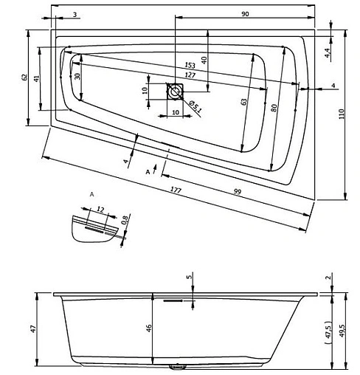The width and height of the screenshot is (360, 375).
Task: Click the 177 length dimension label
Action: (176, 190)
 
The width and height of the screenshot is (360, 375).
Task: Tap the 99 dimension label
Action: (238, 192)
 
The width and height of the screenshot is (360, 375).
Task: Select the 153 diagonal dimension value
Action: (190, 65)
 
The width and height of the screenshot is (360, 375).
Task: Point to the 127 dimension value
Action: (190, 75)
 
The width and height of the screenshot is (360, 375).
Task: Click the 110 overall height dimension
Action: (342, 114)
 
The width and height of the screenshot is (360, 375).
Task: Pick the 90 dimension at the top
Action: (245, 14)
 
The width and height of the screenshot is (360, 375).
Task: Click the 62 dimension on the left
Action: (24, 78)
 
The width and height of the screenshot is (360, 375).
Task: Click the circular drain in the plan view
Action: (175, 92)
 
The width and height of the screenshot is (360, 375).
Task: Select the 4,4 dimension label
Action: (328, 52)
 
